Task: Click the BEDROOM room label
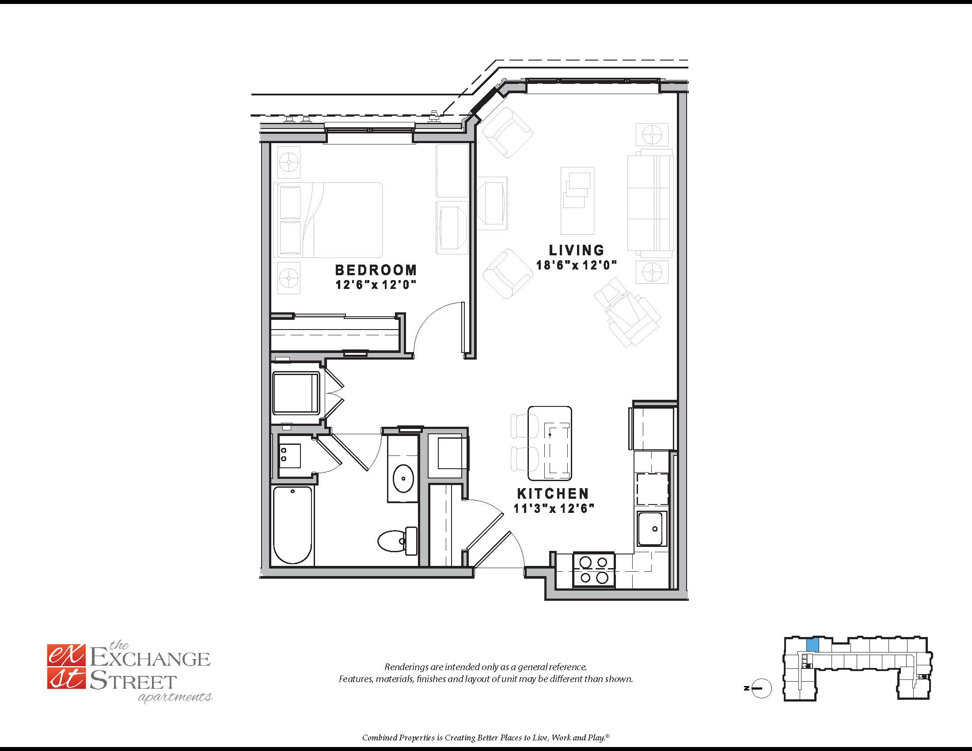tap(376, 270)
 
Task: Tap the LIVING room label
tap(576, 250)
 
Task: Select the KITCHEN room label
tap(553, 493)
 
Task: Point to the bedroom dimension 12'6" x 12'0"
tap(376, 285)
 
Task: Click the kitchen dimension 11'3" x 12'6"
tap(554, 508)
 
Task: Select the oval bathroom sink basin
tap(403, 478)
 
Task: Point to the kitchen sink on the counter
tap(652, 528)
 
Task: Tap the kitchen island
tap(550, 443)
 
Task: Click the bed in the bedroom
tap(328, 220)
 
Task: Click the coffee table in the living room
tap(577, 201)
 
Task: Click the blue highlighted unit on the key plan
tap(812, 645)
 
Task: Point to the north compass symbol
tap(761, 689)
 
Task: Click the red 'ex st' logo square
tap(65, 667)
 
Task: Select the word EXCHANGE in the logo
tap(150, 659)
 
